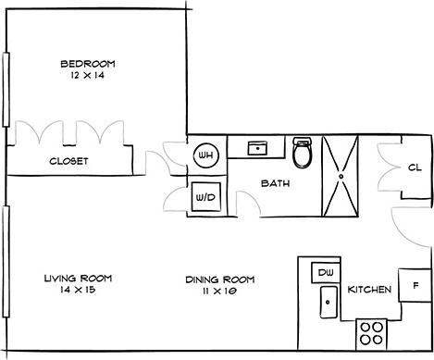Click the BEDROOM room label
(x=88, y=64)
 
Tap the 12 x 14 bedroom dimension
(x=88, y=75)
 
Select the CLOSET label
(x=68, y=161)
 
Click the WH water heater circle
(x=206, y=155)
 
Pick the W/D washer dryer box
(x=206, y=197)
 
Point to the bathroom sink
(x=257, y=148)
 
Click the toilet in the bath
(x=303, y=152)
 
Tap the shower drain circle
(x=341, y=177)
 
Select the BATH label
(x=276, y=183)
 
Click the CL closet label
(x=415, y=168)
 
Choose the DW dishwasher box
(x=326, y=272)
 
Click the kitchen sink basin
(x=329, y=302)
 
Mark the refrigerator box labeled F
(x=415, y=285)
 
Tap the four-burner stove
(x=371, y=335)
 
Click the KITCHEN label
(x=369, y=290)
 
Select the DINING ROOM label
(x=220, y=279)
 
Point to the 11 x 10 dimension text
(x=219, y=291)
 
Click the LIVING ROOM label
(x=78, y=279)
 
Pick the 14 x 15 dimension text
(x=79, y=290)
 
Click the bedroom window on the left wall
(x=6, y=90)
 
